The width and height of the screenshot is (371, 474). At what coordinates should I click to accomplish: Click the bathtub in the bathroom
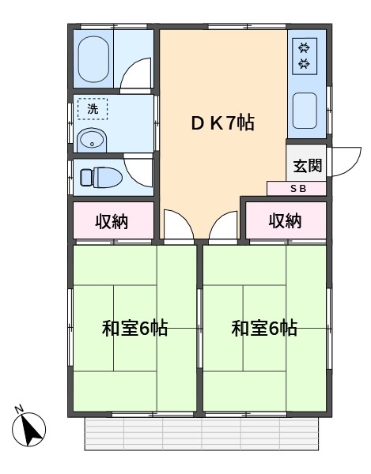93,59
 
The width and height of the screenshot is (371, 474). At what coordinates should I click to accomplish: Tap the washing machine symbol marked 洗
93,109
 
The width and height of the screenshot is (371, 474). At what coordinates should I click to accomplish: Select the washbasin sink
92,141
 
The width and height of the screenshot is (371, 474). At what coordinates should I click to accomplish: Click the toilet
101,176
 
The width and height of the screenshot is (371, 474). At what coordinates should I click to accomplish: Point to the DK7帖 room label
223,122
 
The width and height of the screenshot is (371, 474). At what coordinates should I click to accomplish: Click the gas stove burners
305,56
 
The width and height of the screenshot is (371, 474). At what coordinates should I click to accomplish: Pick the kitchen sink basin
305,111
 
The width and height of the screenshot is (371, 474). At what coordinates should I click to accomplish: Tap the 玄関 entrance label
307,165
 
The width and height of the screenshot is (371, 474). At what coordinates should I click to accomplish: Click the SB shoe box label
298,189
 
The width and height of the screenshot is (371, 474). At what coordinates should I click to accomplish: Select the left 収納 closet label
112,221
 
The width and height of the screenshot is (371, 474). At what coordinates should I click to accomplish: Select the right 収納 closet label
285,220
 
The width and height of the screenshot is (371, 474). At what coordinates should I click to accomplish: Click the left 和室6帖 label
135,328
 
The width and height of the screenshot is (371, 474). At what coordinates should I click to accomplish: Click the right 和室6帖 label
264,328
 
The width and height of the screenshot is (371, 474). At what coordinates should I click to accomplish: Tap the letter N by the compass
19,409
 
